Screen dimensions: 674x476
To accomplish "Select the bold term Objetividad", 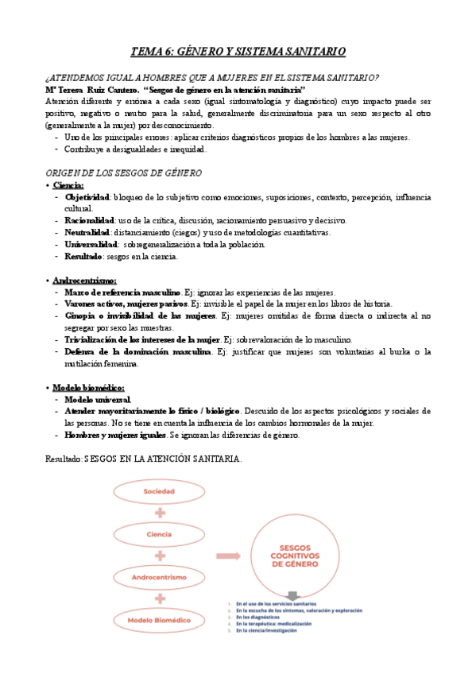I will (x=88, y=197).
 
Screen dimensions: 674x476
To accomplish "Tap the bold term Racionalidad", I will (x=90, y=220).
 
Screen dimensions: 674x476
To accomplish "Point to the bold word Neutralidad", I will (x=88, y=232).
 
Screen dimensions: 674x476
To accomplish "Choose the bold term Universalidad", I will (x=91, y=244).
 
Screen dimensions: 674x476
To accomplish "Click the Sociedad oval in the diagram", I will (x=159, y=491).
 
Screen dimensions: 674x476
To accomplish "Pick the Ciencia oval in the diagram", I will (x=159, y=534).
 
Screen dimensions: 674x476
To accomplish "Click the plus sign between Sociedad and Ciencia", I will (x=159, y=513).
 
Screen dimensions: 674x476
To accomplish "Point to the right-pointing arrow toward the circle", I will (x=230, y=556).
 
